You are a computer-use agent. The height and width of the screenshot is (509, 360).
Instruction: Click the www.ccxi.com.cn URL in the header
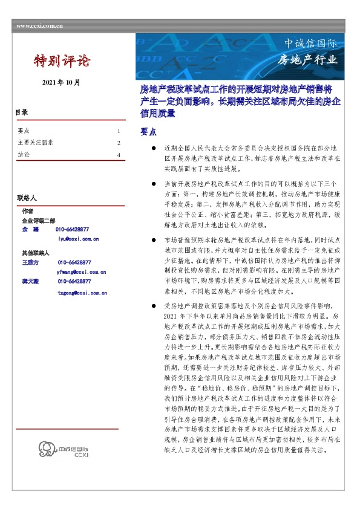coord(41,27)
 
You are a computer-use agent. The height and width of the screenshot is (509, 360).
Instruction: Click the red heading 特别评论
coord(61,61)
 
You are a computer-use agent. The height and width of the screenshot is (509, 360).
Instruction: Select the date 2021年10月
coord(61,82)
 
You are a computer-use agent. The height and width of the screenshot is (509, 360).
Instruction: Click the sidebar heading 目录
coord(22,112)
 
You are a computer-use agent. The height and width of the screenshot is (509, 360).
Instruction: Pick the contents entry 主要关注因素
coord(36,143)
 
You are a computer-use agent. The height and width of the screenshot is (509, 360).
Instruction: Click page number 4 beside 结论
coord(119,155)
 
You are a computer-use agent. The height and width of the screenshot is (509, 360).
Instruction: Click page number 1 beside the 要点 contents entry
coord(119,131)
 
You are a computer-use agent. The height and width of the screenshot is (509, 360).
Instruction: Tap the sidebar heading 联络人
coord(27,198)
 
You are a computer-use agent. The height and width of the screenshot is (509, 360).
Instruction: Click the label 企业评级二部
coord(38,221)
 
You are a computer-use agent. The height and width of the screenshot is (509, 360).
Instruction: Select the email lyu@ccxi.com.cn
coord(78,239)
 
